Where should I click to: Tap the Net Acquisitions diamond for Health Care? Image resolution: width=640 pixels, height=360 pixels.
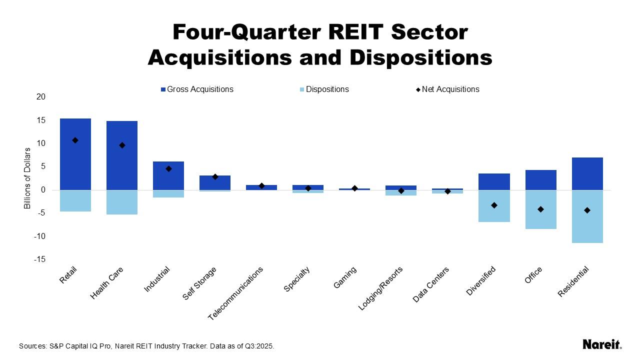pos(122,145)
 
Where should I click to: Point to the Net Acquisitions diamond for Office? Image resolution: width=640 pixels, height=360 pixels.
pos(540,209)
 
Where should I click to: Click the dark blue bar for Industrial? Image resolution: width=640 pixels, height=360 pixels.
pos(168,175)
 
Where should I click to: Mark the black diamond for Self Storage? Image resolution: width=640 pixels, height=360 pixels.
pos(215,176)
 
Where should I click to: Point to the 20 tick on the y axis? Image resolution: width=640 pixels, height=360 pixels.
pos(41,97)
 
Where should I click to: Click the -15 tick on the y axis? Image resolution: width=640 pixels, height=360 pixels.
pos(40,259)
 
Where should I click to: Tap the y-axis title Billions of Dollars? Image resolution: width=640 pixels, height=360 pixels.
pos(27,178)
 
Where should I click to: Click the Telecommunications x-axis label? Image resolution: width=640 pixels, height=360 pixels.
pos(236,293)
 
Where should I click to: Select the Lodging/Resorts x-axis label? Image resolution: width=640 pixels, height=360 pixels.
pos(381,288)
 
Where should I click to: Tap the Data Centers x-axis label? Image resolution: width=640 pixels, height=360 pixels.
pos(431,284)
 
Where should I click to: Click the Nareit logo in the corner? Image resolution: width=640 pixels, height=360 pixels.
pos(602,344)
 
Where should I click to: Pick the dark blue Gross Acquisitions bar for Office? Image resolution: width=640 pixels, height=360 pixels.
pos(540,180)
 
